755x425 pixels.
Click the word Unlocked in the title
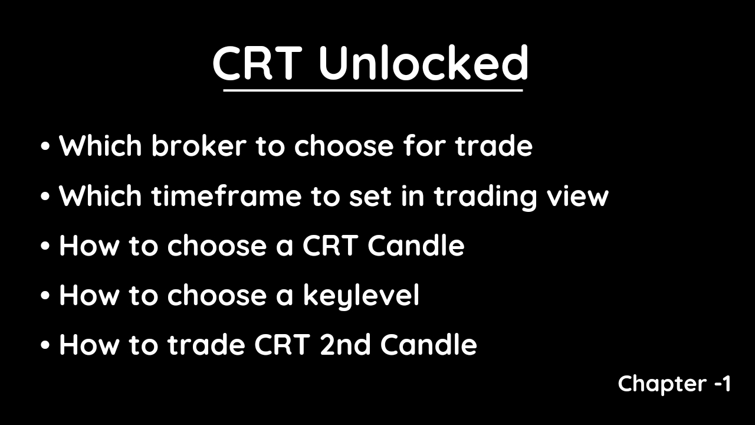[424, 63]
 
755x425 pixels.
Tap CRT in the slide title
[257, 63]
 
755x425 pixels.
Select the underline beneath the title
[373, 90]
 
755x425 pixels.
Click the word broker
[199, 145]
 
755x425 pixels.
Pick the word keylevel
[361, 296]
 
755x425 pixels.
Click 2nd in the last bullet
[345, 345]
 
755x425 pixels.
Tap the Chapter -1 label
[674, 384]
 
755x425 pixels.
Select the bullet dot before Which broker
[45, 146]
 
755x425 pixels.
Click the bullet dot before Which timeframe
[45, 197]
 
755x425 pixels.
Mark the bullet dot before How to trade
[45, 345]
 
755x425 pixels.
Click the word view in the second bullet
[577, 196]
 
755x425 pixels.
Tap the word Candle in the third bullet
[416, 245]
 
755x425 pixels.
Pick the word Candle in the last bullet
[428, 345]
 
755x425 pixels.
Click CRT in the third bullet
[330, 245]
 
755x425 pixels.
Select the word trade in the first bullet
[494, 145]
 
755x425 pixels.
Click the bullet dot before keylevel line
[45, 296]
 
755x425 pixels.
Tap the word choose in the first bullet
[344, 145]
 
